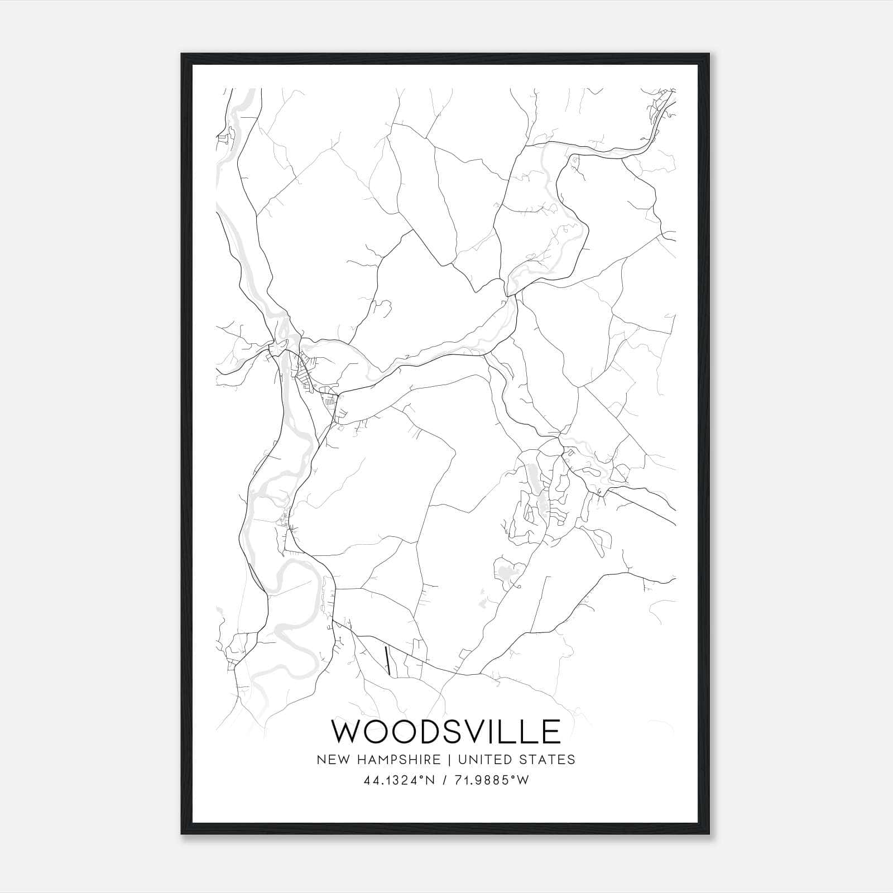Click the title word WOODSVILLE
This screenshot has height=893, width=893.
click(446, 731)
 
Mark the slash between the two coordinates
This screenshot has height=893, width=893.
click(445, 780)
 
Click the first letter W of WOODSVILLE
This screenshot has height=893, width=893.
click(347, 731)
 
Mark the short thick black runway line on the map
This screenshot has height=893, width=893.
click(387, 661)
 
